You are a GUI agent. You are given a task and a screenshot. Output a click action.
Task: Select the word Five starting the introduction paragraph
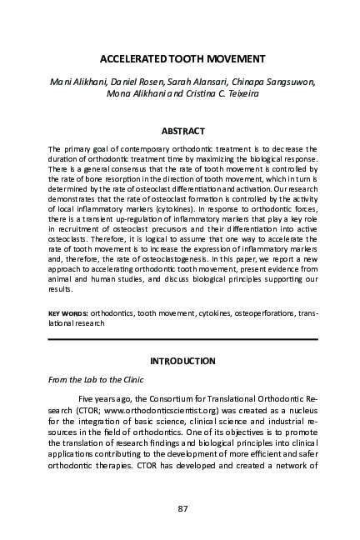tap(87, 399)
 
